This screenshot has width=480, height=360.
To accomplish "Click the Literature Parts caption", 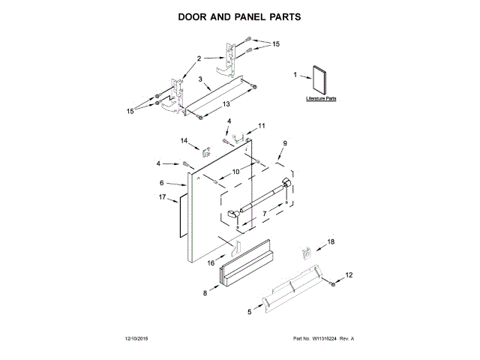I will pyautogui.click(x=321, y=98).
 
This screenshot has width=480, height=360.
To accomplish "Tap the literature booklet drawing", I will pyautogui.click(x=321, y=79).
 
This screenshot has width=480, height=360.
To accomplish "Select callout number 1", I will pyautogui.click(x=295, y=74).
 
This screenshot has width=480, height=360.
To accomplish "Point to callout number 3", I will pyautogui.click(x=200, y=79).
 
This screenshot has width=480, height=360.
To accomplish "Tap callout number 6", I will pyautogui.click(x=161, y=182).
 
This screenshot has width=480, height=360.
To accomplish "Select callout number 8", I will pyautogui.click(x=204, y=293).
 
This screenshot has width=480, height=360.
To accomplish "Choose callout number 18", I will pyautogui.click(x=331, y=241).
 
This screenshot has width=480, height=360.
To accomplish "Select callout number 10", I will pyautogui.click(x=235, y=172).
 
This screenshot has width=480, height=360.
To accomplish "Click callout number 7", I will pyautogui.click(x=263, y=213).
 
